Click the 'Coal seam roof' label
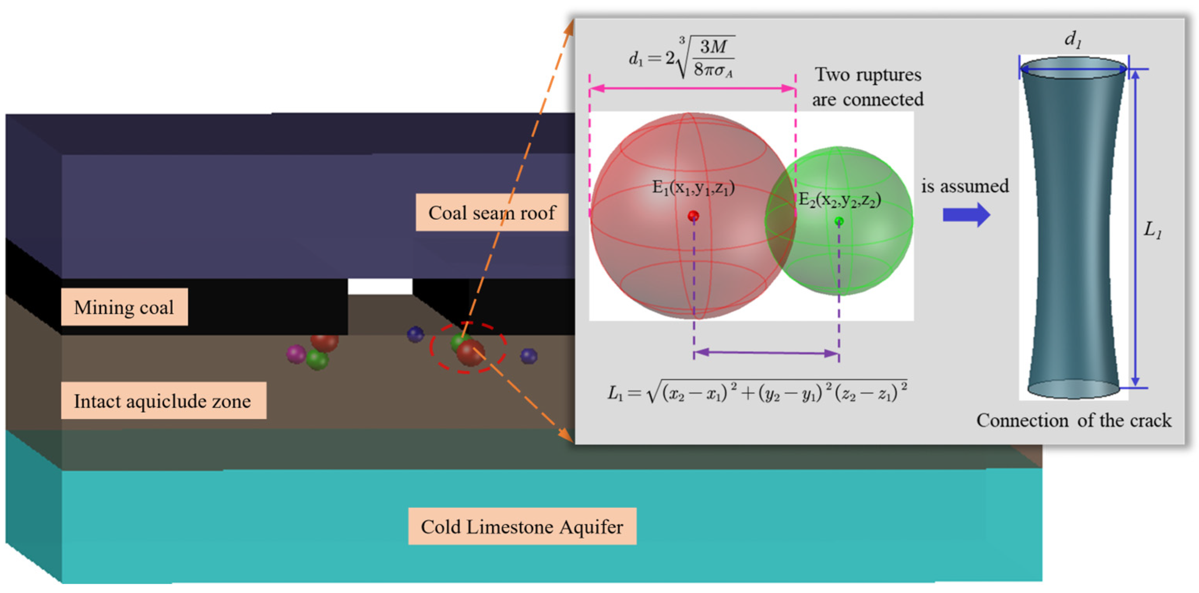pos(492,212)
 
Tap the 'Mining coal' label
pos(124,307)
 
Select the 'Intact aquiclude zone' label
pos(163,401)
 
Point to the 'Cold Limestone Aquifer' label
pos(522,526)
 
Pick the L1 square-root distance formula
pos(757,392)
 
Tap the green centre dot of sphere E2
pos(839,221)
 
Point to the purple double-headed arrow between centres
pos(766,353)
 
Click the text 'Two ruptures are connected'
pos(868,87)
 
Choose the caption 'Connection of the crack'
pos(1073,421)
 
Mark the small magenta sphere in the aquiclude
pos(296,354)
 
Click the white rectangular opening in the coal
pos(380,286)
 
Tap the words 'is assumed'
pos(965,186)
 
